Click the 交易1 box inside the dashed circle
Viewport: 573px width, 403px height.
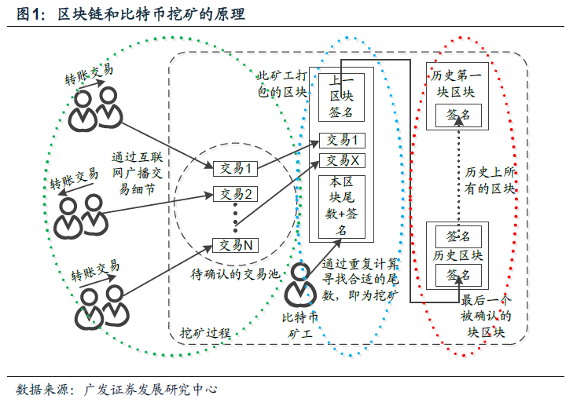(235, 168)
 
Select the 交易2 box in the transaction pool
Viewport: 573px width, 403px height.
(235, 194)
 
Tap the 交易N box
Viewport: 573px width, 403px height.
(235, 245)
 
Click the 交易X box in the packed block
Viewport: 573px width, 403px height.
(342, 160)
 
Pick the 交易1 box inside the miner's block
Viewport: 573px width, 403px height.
(342, 141)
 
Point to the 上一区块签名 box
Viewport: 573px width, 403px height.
(341, 97)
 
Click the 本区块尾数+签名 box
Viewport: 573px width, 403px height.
(341, 207)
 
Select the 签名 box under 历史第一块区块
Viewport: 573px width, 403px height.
(458, 115)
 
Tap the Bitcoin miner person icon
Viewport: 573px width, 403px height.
(300, 284)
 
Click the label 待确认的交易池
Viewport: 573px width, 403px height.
(235, 274)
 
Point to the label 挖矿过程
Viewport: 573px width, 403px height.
(205, 332)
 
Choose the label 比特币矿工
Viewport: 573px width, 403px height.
(299, 325)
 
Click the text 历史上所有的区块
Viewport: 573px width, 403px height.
(490, 181)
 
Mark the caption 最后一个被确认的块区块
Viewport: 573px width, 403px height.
(486, 316)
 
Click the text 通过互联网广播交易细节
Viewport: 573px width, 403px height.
(137, 173)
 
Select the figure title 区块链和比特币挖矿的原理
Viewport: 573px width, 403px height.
(151, 14)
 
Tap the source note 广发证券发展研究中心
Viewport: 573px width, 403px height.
(151, 390)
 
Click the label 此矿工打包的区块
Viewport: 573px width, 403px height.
(282, 84)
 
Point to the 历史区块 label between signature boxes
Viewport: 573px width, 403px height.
(458, 255)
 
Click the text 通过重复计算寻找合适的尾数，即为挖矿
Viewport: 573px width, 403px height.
(360, 280)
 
